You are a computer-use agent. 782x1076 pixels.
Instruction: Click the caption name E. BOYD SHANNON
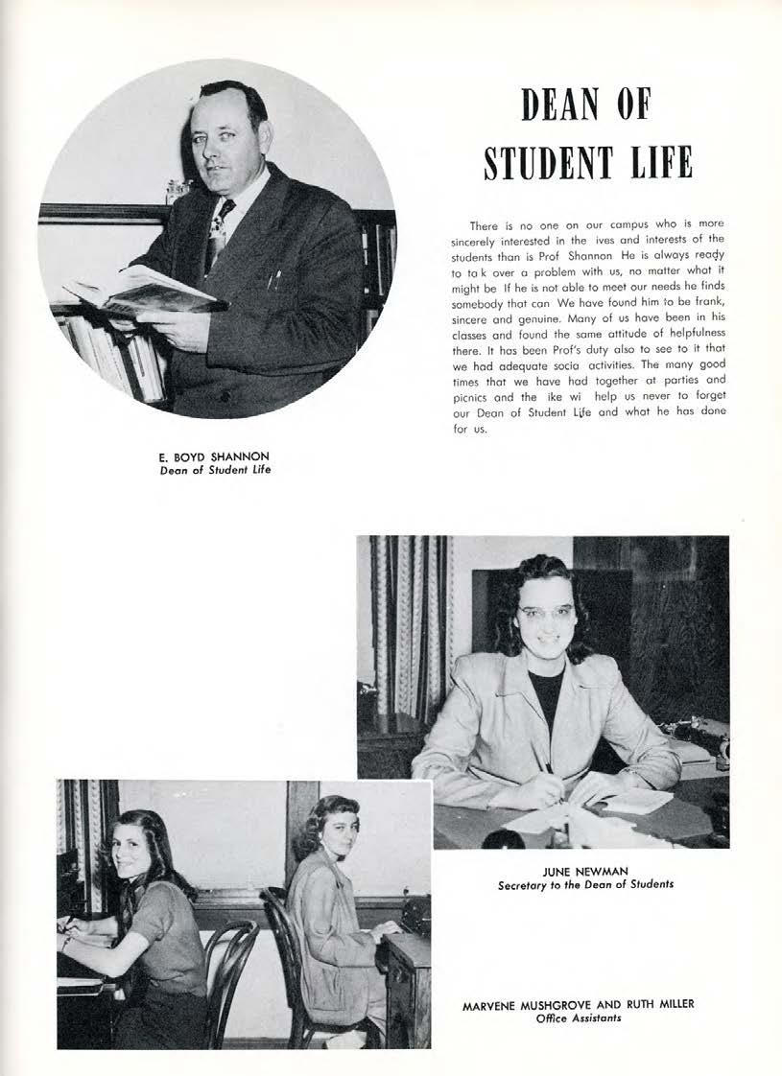[215, 456]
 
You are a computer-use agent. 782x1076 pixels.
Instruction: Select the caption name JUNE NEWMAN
[585, 871]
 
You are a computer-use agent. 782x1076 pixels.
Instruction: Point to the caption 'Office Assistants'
[579, 1018]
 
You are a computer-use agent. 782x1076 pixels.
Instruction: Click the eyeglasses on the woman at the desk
[546, 611]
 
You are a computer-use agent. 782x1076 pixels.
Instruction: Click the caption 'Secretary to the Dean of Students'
[585, 884]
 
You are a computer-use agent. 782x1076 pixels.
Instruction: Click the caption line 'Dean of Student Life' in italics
[215, 469]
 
